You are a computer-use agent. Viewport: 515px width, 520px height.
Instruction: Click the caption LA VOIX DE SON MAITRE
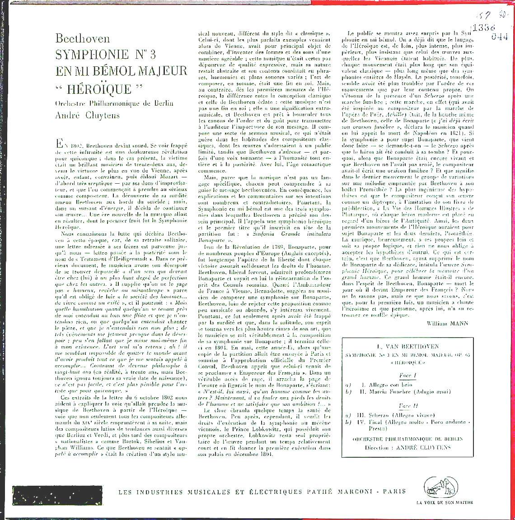coord(442,503)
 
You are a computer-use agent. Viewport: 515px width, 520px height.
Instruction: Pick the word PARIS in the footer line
coord(393,492)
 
